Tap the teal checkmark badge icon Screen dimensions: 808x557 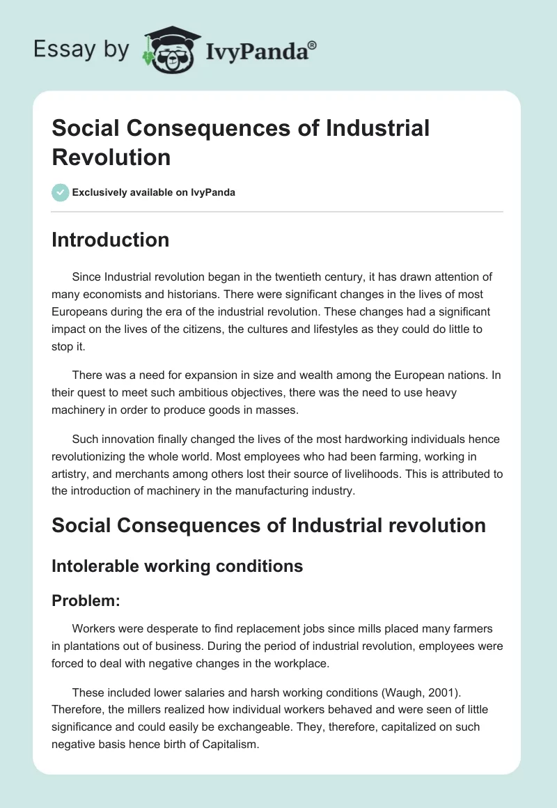click(x=61, y=193)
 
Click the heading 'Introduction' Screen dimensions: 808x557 click(x=110, y=240)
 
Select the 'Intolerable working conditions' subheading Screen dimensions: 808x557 click(x=177, y=566)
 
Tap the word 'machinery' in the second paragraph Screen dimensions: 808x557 click(x=81, y=410)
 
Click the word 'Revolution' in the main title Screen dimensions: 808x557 click(x=111, y=157)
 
